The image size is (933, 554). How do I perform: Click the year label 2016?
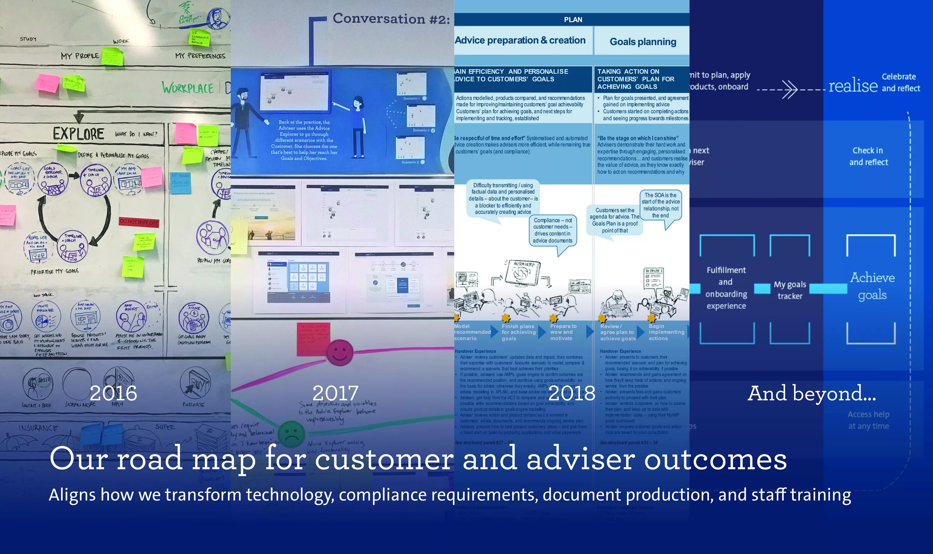click(113, 393)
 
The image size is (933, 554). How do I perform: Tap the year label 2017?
click(335, 393)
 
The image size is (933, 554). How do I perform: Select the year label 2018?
click(572, 393)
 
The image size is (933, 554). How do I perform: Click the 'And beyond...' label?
click(811, 393)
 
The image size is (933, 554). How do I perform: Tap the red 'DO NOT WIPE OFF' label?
click(139, 222)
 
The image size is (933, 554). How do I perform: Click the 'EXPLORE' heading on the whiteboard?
click(78, 134)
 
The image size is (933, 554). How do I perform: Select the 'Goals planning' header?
click(643, 41)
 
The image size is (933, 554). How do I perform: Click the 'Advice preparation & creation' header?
click(520, 40)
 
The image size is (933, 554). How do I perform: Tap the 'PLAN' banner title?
click(573, 20)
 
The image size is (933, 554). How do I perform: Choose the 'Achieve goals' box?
click(872, 286)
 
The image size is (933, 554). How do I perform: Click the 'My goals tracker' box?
click(790, 290)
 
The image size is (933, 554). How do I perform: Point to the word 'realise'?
click(853, 86)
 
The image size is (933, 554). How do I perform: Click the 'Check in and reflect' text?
click(868, 156)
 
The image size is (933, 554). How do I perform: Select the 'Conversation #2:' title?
click(391, 19)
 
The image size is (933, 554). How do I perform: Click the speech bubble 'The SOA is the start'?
click(661, 205)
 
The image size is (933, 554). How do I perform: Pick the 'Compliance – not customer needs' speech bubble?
click(552, 230)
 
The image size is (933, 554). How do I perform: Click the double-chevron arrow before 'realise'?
click(789, 90)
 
